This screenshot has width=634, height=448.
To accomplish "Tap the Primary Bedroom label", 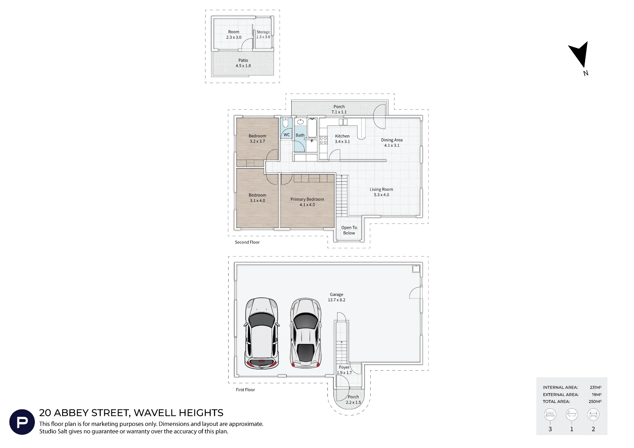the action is click(x=307, y=202).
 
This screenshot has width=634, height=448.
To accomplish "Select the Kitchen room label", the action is click(x=342, y=139).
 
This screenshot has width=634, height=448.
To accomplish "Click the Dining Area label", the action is click(x=392, y=143).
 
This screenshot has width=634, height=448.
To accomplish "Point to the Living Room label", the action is click(x=381, y=192).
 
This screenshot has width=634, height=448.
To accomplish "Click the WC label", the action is click(x=287, y=135).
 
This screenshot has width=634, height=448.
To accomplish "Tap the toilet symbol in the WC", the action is click(x=285, y=123).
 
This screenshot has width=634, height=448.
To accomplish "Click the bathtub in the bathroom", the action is click(x=312, y=128).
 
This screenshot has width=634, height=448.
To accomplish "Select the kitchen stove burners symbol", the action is click(x=323, y=140).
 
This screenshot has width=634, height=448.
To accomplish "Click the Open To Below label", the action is click(x=349, y=230).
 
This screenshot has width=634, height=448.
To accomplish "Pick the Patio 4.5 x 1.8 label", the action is click(x=243, y=63).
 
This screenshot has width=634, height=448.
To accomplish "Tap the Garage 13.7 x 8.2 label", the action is click(x=337, y=297).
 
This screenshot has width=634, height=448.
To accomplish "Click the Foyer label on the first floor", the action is click(x=344, y=367).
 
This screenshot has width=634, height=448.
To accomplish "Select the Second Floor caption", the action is click(x=247, y=242).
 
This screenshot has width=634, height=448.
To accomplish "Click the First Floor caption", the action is click(x=245, y=390).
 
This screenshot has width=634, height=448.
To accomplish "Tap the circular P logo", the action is click(x=22, y=422).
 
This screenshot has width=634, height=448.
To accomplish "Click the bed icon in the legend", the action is click(x=550, y=414).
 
